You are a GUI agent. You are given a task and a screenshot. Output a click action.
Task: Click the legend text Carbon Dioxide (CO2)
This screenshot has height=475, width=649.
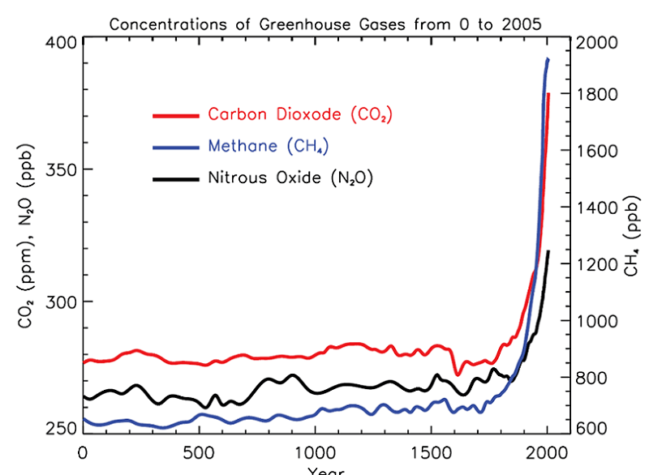300,115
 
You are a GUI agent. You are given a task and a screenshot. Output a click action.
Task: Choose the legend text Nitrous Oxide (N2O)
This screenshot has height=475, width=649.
290,178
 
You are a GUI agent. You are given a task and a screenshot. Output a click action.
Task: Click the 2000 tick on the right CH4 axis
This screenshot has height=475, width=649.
596,42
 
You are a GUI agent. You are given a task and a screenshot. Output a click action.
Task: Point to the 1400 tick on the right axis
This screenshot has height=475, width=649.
596,208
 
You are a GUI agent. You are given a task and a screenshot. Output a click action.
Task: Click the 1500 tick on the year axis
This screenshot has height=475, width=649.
430,452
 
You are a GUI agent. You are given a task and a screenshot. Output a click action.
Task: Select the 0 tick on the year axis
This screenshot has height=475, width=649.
82,452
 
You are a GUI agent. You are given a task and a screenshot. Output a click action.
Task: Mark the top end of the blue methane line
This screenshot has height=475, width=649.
548,60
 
